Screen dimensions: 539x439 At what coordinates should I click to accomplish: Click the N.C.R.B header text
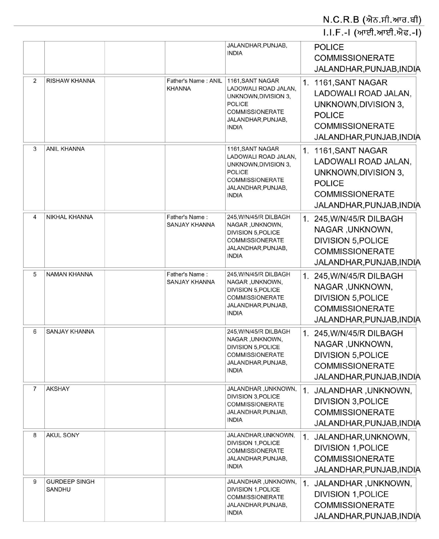tap(372, 20)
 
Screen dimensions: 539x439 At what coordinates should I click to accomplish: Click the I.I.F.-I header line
tap(372, 33)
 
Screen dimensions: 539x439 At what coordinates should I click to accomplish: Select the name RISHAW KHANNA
tap(70, 81)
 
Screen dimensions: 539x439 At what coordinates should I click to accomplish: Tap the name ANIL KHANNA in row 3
tap(65, 149)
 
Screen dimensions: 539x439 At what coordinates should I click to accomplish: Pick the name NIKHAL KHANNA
tap(69, 217)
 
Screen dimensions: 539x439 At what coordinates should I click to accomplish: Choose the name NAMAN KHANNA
tap(69, 274)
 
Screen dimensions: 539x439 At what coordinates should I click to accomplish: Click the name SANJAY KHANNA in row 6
tap(70, 331)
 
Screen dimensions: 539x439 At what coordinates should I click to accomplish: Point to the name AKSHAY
tap(58, 389)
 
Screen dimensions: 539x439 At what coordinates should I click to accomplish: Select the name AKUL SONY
tap(63, 435)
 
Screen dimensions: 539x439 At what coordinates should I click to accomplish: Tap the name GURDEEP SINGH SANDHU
tap(70, 486)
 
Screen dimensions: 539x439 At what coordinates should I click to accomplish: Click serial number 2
tap(35, 81)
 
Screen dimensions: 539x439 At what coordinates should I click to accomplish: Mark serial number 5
tap(35, 274)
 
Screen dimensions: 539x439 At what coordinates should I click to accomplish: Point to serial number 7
tap(35, 389)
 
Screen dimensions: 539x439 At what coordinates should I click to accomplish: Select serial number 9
tap(35, 482)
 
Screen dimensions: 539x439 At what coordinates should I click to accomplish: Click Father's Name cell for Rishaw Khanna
tap(194, 85)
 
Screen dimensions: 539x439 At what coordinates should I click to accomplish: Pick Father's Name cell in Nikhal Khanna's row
tap(191, 221)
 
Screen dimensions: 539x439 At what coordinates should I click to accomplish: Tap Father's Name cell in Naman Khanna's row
tap(191, 278)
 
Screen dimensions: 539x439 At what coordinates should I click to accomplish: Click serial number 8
tap(35, 435)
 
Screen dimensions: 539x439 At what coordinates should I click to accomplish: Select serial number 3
tap(35, 149)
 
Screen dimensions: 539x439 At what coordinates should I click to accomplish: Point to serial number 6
tap(35, 331)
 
